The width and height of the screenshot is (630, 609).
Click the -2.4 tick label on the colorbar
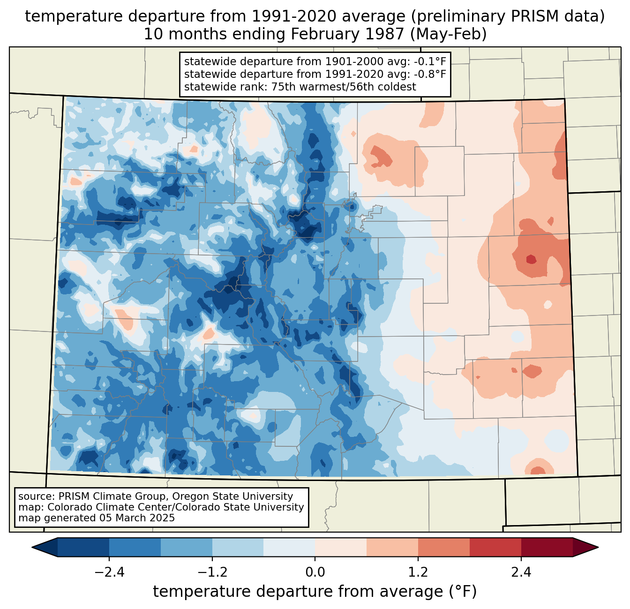coord(109,572)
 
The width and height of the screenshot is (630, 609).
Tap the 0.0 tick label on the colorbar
coord(315,572)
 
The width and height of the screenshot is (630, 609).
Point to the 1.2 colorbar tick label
coord(418,572)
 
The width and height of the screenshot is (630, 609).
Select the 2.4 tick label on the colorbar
coord(521,572)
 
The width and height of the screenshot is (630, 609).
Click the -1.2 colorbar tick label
coord(212,572)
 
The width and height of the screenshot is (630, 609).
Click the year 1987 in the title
coord(383,35)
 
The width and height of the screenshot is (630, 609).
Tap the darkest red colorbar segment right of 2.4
coord(547,547)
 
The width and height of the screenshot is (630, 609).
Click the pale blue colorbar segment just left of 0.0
coord(289,547)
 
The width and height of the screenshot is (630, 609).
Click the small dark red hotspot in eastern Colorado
coord(531,259)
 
